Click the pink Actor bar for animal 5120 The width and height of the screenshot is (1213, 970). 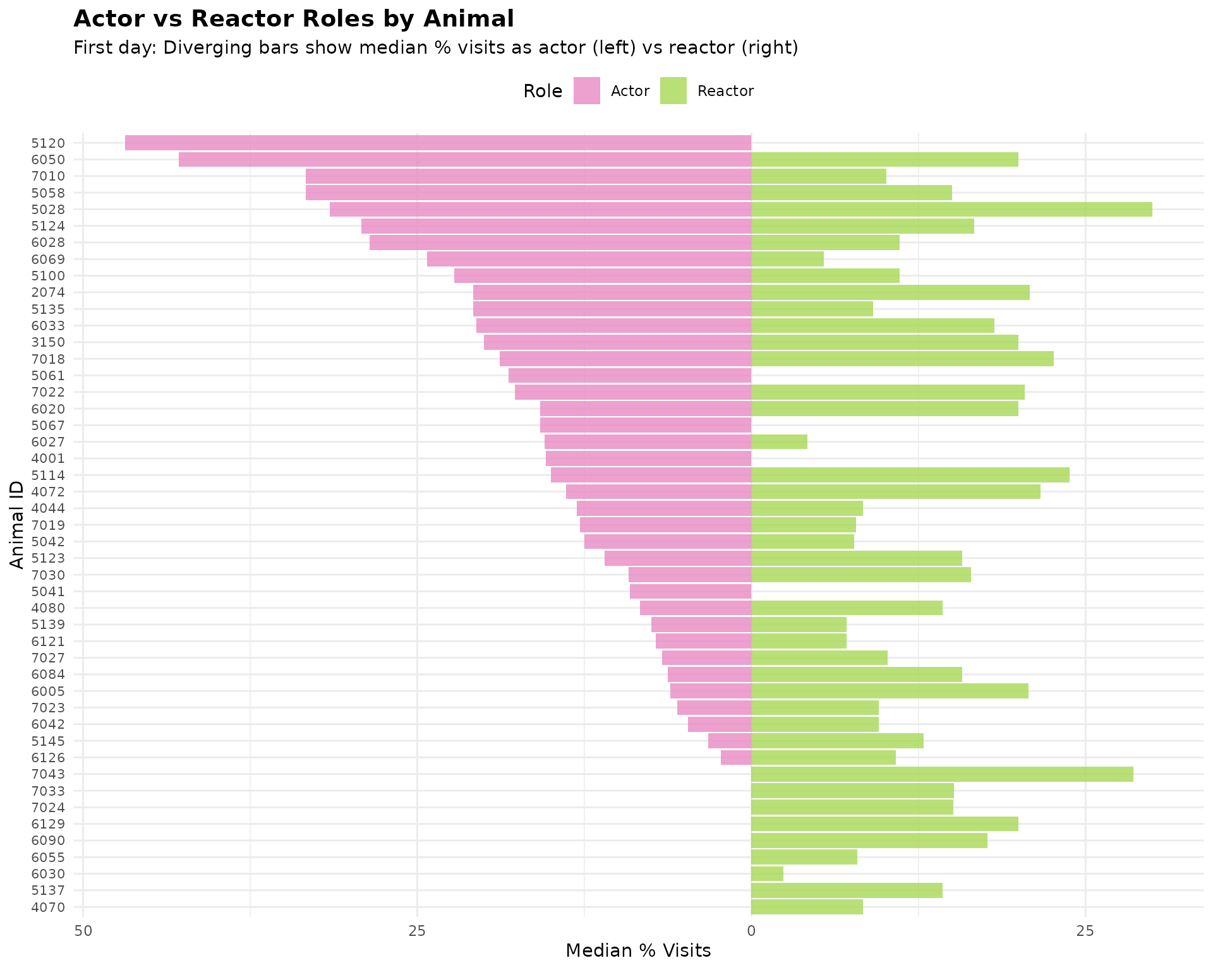438,143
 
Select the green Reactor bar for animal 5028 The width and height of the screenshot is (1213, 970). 951,209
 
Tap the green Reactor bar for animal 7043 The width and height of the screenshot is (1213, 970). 942,774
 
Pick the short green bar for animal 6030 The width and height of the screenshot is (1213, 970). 767,874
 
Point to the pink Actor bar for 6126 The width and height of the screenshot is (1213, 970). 736,758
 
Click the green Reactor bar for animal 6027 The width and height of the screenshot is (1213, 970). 779,442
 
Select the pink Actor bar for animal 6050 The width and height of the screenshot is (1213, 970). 465,159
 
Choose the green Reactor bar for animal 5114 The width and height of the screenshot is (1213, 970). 910,475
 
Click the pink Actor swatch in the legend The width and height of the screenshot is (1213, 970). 587,90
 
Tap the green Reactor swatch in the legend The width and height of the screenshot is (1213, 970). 673,90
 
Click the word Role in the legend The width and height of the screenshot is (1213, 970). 543,92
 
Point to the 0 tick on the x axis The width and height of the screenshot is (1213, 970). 751,930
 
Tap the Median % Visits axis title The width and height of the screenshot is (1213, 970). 638,950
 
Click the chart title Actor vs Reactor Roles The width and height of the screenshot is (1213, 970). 294,19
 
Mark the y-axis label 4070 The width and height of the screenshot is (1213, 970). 48,907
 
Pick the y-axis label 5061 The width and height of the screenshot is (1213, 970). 48,376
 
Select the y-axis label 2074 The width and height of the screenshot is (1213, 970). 48,292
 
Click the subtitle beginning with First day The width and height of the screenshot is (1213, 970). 436,48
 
